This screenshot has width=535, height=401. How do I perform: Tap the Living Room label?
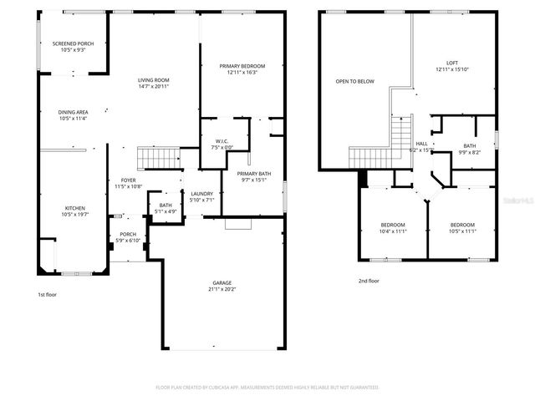[154, 81]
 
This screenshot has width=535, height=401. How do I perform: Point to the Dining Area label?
[73, 112]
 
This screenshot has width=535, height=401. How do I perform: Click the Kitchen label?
[75, 208]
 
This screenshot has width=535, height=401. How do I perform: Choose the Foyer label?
[128, 180]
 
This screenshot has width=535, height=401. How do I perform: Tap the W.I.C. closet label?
[222, 140]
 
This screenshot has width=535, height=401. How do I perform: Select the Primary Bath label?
[253, 173]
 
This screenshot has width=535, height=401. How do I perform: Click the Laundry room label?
[202, 194]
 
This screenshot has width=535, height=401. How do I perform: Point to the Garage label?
[222, 283]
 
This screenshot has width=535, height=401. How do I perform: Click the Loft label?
[452, 63]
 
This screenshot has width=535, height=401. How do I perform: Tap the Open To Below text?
[354, 81]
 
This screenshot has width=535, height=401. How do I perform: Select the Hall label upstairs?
[422, 144]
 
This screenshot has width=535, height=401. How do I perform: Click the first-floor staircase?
[159, 157]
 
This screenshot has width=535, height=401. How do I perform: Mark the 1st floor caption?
[48, 294]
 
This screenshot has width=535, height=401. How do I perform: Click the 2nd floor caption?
[368, 281]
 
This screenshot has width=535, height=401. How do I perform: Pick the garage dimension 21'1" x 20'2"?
[222, 290]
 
